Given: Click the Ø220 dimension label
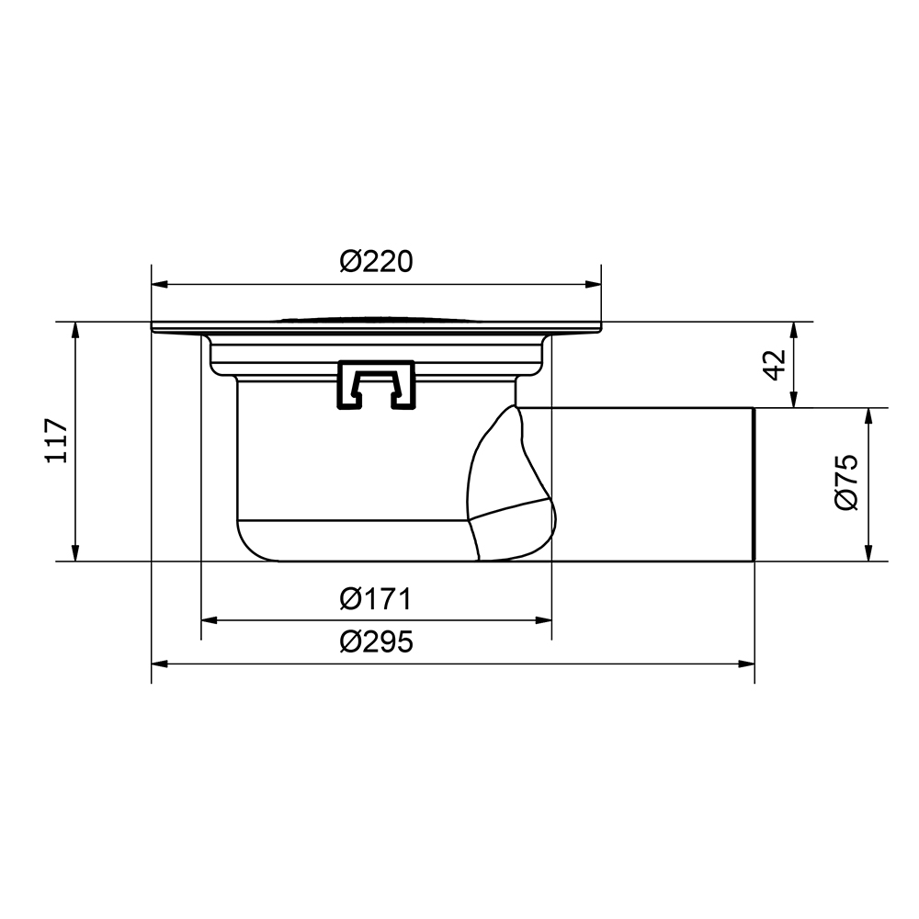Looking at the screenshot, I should pos(376,262).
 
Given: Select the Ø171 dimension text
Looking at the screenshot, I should pos(375,599).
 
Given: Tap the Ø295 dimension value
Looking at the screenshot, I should pos(376,641).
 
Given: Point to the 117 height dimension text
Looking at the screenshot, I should pos(57,441).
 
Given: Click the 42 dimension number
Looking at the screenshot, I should pos(774,364).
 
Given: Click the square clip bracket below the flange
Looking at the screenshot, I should pos(377,384).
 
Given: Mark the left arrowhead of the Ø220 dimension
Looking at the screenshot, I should pos(158,284).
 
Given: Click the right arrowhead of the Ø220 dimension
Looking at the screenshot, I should pos(595,284).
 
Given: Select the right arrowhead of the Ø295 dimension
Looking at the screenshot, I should pos(747,663).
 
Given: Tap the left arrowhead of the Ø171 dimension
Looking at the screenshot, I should pos(209,620).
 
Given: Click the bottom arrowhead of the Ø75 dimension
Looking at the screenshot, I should pos(868,554).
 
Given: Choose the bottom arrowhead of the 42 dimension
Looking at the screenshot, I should pos(795,401).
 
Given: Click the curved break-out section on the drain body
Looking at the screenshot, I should pos(510,487).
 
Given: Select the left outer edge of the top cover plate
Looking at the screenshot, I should pos(153,327).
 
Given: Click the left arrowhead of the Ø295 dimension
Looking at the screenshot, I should pos(158,663).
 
